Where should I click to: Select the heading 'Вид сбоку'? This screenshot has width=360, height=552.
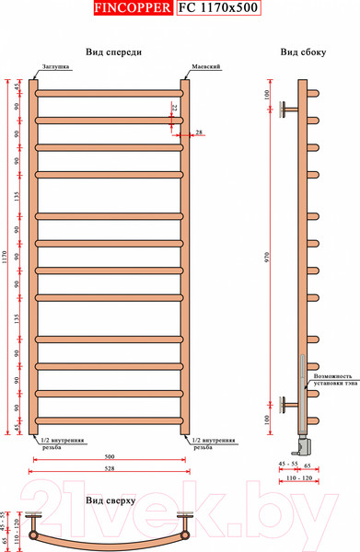pyautogui.click(x=304, y=52)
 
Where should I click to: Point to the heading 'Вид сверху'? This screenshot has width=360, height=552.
pyautogui.click(x=110, y=500)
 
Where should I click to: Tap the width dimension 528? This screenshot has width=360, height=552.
pyautogui.click(x=110, y=471)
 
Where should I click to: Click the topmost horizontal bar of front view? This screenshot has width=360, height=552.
pyautogui.click(x=110, y=92)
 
